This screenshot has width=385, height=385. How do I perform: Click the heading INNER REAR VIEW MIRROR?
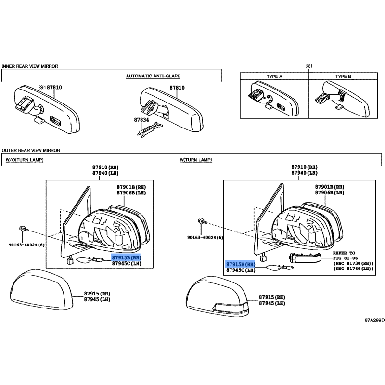tap(30, 66)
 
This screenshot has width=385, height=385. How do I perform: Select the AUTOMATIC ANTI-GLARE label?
tap(153, 76)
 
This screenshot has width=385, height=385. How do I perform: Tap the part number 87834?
tap(141, 120)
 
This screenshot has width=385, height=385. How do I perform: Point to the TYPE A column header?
tap(274, 77)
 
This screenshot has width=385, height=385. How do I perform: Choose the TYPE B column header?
tap(343, 77)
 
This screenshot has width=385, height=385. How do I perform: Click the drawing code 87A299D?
tap(375, 320)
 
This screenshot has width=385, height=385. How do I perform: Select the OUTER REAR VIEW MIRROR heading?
tap(31, 150)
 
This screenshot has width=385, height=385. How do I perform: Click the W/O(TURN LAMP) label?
tap(25, 160)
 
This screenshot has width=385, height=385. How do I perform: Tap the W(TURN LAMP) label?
tap(196, 160)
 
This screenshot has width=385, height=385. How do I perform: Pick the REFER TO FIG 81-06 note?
tap(353, 261)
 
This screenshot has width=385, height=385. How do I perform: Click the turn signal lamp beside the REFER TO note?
tap(305, 258)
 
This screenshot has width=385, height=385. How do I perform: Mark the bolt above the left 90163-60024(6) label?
tap(24, 230)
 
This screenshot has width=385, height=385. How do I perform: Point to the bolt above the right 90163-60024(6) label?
tap(202, 221)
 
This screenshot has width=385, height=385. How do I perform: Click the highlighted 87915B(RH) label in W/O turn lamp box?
tap(126, 257)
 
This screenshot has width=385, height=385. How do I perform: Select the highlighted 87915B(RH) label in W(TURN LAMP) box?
tap(240, 264)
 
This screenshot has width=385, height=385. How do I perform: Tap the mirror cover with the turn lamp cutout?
tap(218, 296)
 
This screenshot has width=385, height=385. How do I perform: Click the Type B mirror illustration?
tap(343, 100)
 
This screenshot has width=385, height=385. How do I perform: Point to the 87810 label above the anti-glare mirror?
tap(177, 88)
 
